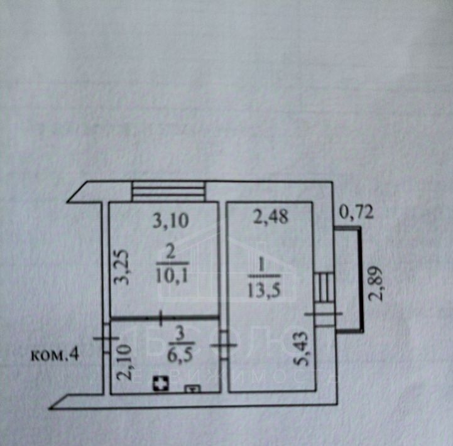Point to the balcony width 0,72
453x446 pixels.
click(356, 213)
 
